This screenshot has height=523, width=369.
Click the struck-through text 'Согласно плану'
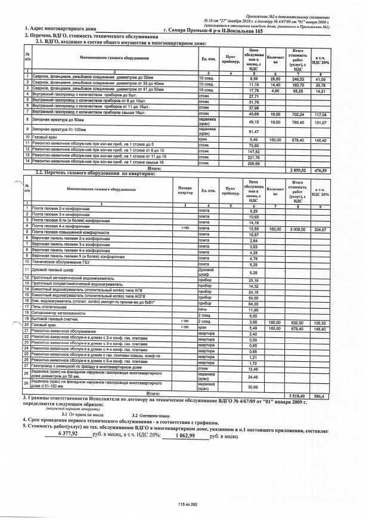155,416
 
